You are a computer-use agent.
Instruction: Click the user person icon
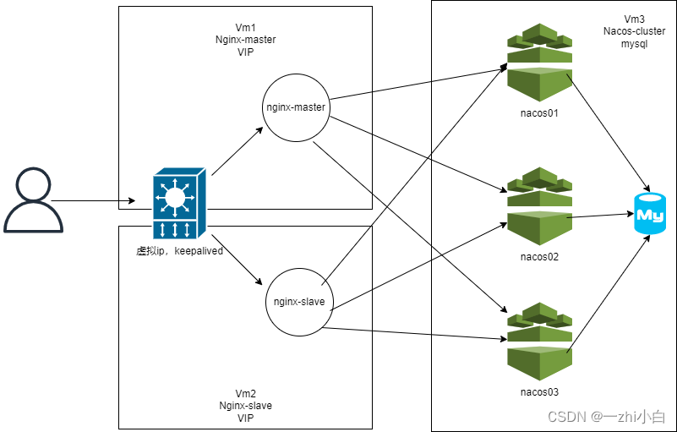pos(34,200)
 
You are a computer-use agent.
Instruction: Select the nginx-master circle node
pos(295,107)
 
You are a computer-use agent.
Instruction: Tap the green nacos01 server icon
pos(539,63)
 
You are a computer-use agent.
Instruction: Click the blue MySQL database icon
pos(649,216)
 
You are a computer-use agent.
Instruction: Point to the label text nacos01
pos(539,112)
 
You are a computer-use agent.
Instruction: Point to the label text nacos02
pos(539,256)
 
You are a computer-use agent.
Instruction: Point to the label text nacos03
pos(539,391)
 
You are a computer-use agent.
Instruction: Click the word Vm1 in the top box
pos(245,27)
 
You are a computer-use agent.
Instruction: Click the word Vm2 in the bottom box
pos(245,394)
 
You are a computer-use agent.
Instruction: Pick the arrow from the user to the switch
pos(93,201)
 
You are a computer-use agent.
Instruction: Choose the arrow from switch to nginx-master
pos(237,152)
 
